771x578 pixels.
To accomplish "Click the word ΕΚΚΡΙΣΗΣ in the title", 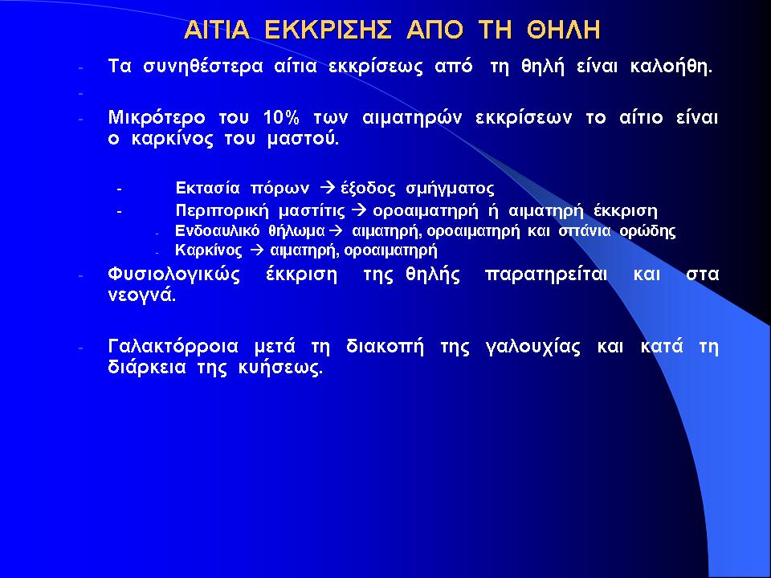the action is [328, 30].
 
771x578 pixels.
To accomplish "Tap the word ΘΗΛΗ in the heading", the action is [564, 30].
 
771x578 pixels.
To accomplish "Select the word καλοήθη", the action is [671, 67].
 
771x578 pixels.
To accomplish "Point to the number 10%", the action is [281, 118].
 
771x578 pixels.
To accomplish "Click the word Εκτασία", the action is [207, 188].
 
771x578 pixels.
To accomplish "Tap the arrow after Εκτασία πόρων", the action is [327, 188].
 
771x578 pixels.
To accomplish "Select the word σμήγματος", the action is [450, 189].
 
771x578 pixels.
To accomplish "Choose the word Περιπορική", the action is [222, 211].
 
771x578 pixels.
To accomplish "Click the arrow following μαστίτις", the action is [361, 211].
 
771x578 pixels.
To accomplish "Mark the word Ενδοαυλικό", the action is [218, 231].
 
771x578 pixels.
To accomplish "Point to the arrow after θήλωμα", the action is [336, 230].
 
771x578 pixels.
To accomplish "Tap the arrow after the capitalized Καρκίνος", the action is [257, 250].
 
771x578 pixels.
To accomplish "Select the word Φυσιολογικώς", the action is [174, 275].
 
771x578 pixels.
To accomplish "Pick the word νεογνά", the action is [141, 296].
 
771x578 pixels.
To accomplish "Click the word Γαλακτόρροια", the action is [173, 347].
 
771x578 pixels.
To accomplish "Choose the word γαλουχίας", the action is [532, 348].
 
